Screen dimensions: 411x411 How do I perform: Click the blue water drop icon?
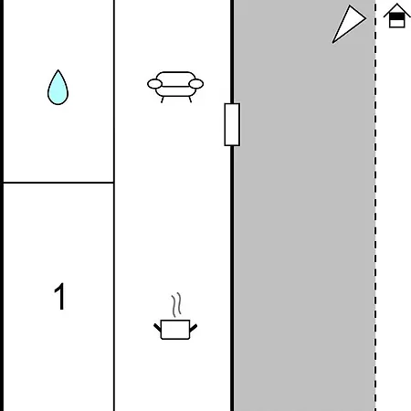(58, 89)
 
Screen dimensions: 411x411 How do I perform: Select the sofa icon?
(175, 87)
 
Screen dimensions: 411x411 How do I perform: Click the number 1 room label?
(59, 296)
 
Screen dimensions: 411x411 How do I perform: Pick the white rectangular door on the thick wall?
(232, 124)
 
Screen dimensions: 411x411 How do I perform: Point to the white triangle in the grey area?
(348, 25)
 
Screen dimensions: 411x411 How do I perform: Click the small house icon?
(396, 16)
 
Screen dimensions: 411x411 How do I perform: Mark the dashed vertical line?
(375, 205)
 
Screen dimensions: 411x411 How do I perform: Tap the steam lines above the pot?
(176, 305)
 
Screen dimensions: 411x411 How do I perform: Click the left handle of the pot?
(157, 328)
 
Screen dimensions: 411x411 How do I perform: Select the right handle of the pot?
(194, 328)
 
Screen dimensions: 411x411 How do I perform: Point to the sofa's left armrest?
(154, 84)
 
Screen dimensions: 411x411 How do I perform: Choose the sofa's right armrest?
(196, 84)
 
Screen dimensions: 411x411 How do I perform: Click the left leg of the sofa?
(163, 100)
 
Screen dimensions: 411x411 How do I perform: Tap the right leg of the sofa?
(190, 100)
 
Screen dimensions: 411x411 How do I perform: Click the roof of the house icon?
(396, 9)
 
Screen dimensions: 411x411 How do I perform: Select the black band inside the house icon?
(397, 16)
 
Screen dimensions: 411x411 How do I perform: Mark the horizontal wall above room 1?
(58, 183)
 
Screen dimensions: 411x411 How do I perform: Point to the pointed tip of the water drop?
(58, 70)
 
